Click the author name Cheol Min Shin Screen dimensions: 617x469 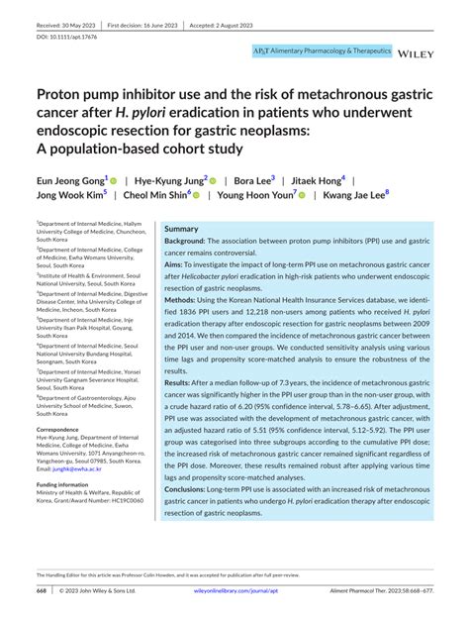[x=157, y=196]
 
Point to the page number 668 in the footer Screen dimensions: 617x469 [x=42, y=591]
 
